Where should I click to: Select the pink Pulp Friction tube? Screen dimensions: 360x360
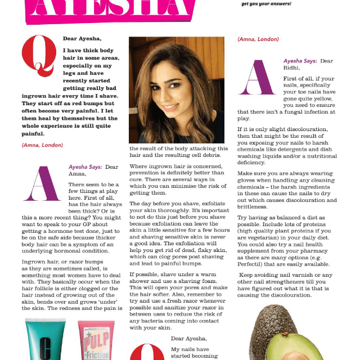point(96,340)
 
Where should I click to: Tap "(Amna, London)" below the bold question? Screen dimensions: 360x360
point(43,145)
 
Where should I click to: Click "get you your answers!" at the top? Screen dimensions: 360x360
point(266,3)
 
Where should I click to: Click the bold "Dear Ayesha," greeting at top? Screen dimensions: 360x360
point(82,39)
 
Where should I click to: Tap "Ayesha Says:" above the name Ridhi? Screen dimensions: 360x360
point(300,61)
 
